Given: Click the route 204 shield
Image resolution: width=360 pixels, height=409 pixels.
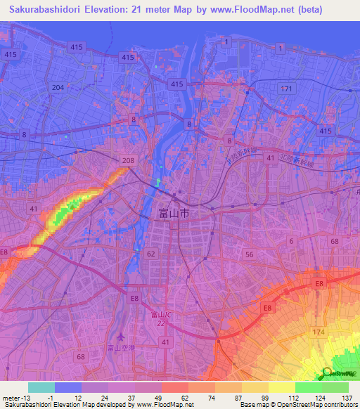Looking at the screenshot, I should click(58, 87).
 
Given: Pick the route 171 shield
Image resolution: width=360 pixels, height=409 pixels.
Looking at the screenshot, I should click(285, 89).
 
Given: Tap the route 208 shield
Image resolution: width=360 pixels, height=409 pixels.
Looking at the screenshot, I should click(127, 160).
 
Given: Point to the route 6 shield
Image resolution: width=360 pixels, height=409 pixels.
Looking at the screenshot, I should click(291, 241).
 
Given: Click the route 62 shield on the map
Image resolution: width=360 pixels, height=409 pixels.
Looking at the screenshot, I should click(150, 253).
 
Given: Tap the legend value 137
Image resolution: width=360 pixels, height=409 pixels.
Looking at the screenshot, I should click(345, 398).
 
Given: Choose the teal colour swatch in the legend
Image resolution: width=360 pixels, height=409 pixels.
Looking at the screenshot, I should click(41, 387).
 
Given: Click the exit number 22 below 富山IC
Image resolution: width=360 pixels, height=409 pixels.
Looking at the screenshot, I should click(160, 322).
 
